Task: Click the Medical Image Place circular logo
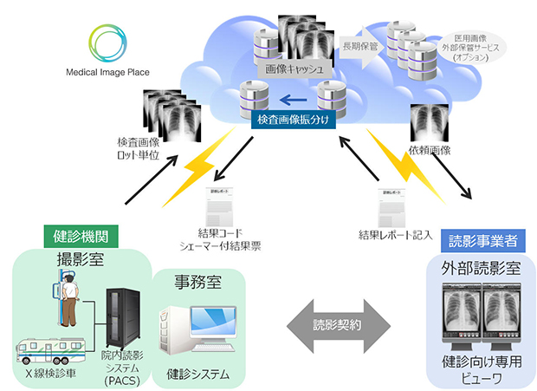pyautogui.click(x=111, y=42)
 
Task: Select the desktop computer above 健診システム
pyautogui.click(x=189, y=334)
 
